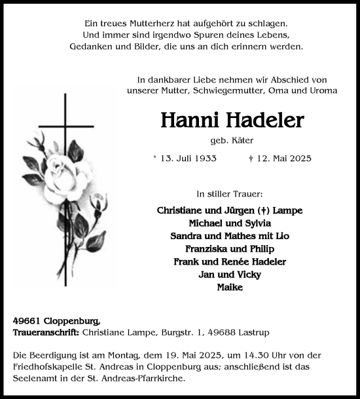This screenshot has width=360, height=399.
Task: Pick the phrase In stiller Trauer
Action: pyautogui.click(x=229, y=195)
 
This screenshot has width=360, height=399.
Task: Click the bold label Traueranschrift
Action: pyautogui.click(x=45, y=333)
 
